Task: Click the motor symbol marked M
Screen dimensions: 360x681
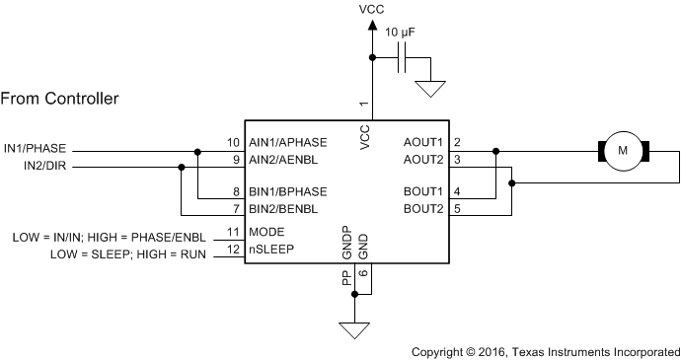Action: [622, 151]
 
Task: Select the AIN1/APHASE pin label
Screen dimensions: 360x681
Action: [285, 142]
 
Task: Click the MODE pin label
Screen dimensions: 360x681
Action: [266, 232]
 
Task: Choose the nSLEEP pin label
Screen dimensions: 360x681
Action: [270, 250]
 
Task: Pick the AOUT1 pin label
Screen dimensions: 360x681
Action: [422, 142]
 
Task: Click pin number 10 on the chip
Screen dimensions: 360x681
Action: [233, 142]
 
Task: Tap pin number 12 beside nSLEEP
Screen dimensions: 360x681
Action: [233, 250]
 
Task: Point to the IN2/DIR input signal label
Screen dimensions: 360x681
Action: [45, 166]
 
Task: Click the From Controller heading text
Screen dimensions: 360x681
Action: [60, 99]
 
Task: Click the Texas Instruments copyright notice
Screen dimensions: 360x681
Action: [545, 350]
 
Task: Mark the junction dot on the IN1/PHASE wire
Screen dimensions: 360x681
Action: [198, 151]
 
